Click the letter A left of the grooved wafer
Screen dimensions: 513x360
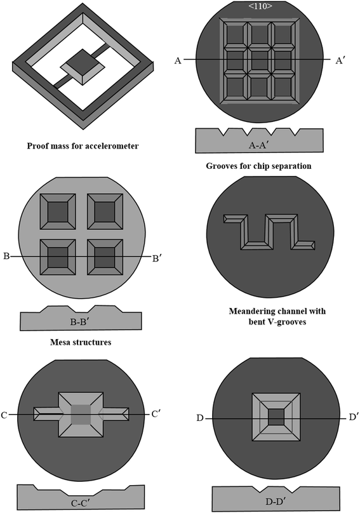[x=178, y=60]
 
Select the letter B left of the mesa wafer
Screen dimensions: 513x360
[x=6, y=256]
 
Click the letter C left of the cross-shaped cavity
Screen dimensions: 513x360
[x=5, y=415]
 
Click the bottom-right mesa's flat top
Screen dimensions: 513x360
[x=104, y=258]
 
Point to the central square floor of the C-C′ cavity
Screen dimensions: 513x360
[x=81, y=414]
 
